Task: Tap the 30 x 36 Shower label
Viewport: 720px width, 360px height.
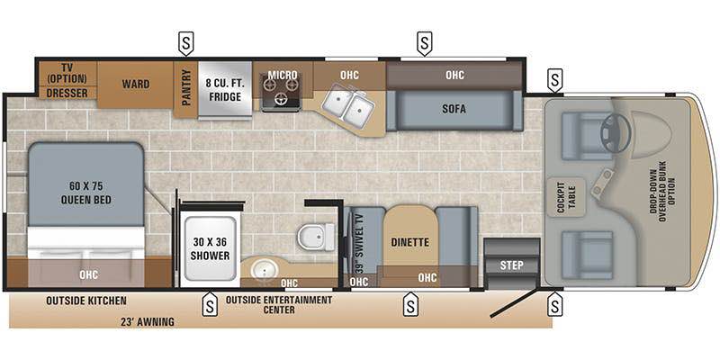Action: tap(209, 248)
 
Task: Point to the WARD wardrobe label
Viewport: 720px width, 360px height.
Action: tap(135, 85)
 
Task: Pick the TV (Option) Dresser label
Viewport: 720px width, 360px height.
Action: tap(67, 80)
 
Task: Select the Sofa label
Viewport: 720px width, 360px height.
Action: tap(454, 108)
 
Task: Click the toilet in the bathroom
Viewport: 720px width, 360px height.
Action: tap(316, 237)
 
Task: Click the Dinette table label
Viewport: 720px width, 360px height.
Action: tap(409, 242)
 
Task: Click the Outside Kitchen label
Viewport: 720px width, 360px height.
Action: tap(86, 300)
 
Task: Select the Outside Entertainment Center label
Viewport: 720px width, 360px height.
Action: tap(279, 305)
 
